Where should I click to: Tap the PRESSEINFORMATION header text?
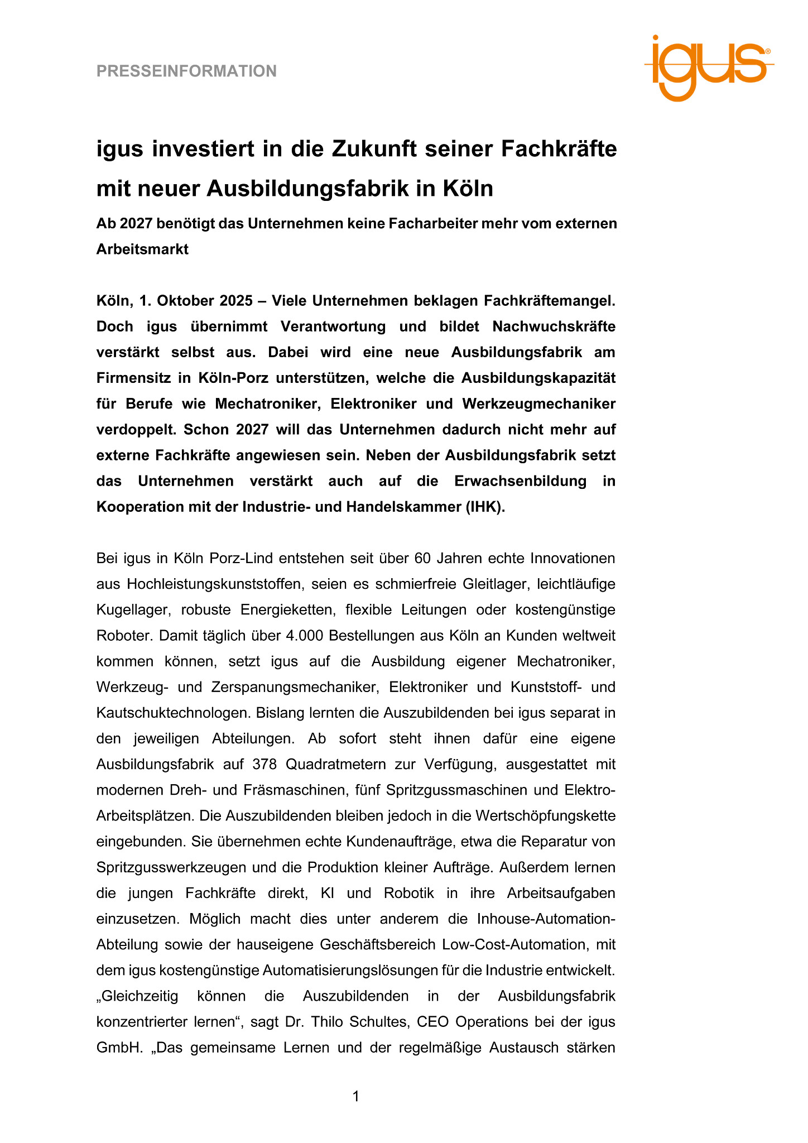coord(186,71)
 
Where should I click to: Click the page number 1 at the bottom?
coord(356,1096)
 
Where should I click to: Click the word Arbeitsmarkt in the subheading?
coord(142,249)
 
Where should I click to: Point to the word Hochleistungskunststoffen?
coord(214,584)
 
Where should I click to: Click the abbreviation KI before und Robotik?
coord(328,893)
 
